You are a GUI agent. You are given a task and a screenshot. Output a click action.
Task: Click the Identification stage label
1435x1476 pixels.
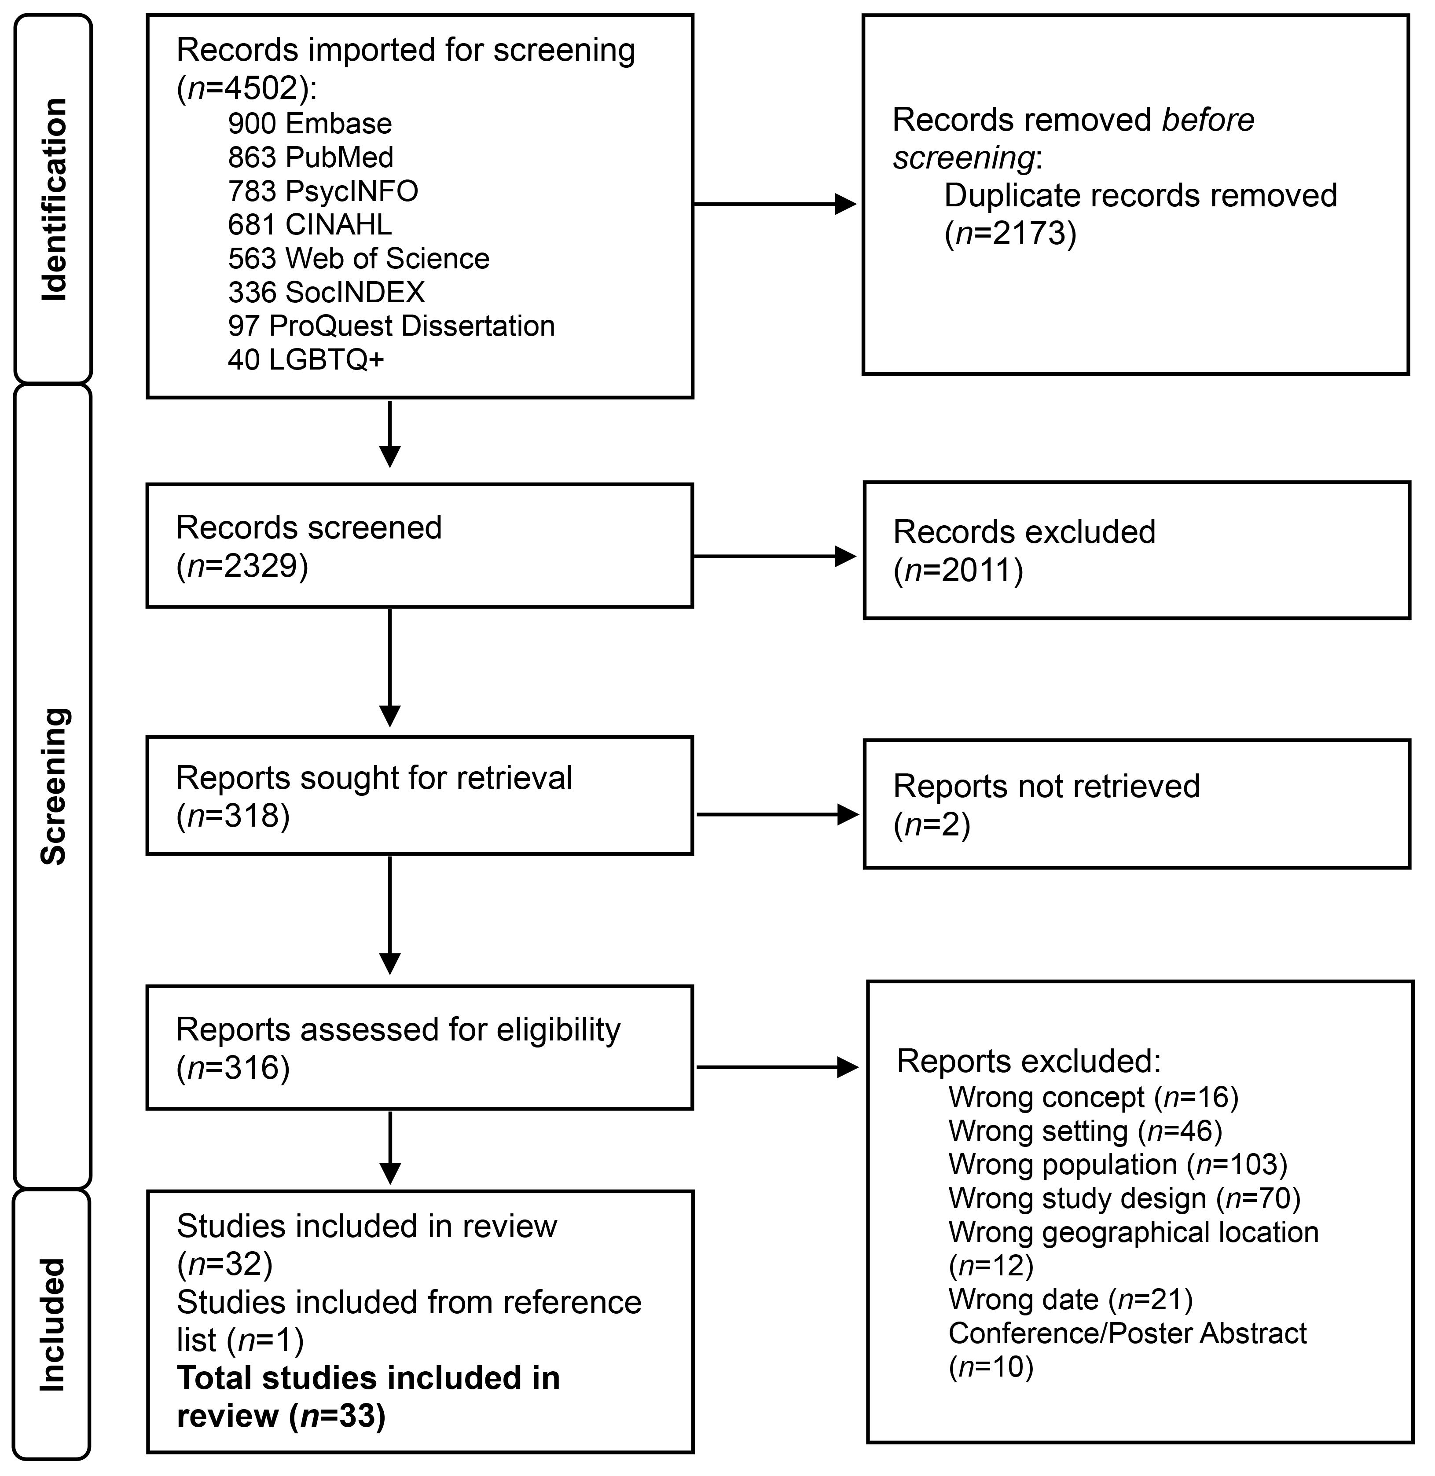pos(54,200)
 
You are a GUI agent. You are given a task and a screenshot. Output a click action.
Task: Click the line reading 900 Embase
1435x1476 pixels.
pos(310,124)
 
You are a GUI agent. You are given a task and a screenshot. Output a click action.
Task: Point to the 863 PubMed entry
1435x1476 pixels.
pos(311,157)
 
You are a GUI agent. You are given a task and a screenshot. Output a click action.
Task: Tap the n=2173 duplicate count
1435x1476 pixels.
pos(1010,234)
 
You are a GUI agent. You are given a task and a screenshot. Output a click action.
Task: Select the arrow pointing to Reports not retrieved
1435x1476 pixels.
pos(776,814)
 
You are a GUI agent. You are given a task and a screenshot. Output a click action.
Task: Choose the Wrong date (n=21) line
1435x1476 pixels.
pos(1070,1299)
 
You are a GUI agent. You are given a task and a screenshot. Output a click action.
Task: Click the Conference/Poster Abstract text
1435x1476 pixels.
pos(1127,1333)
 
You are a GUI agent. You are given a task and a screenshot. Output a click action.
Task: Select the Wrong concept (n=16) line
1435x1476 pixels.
pos(1093,1097)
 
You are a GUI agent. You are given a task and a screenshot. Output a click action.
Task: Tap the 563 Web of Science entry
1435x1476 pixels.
pos(359,258)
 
